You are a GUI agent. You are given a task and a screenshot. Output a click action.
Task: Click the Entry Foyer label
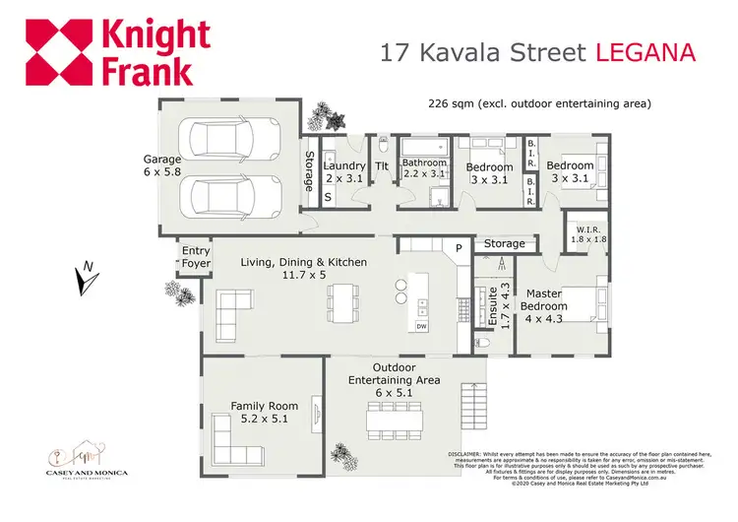[196, 258]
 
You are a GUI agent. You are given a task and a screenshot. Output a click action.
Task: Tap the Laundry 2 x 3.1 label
[344, 171]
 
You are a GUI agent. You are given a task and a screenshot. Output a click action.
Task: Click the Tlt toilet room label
[382, 166]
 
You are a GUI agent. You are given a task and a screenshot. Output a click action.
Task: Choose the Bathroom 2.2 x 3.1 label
[424, 168]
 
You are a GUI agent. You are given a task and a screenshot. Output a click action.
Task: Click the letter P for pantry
[458, 247]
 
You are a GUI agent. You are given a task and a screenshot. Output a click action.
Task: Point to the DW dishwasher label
[421, 326]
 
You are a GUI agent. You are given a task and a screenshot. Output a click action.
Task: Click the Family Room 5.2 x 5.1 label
[258, 412]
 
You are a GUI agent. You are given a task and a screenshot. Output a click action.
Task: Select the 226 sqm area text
[539, 102]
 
